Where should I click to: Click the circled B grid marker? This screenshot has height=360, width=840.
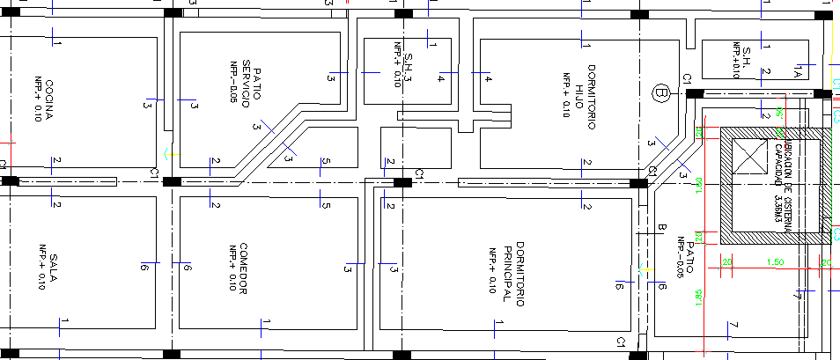661,92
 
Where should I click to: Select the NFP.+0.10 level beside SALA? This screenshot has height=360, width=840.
39,268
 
